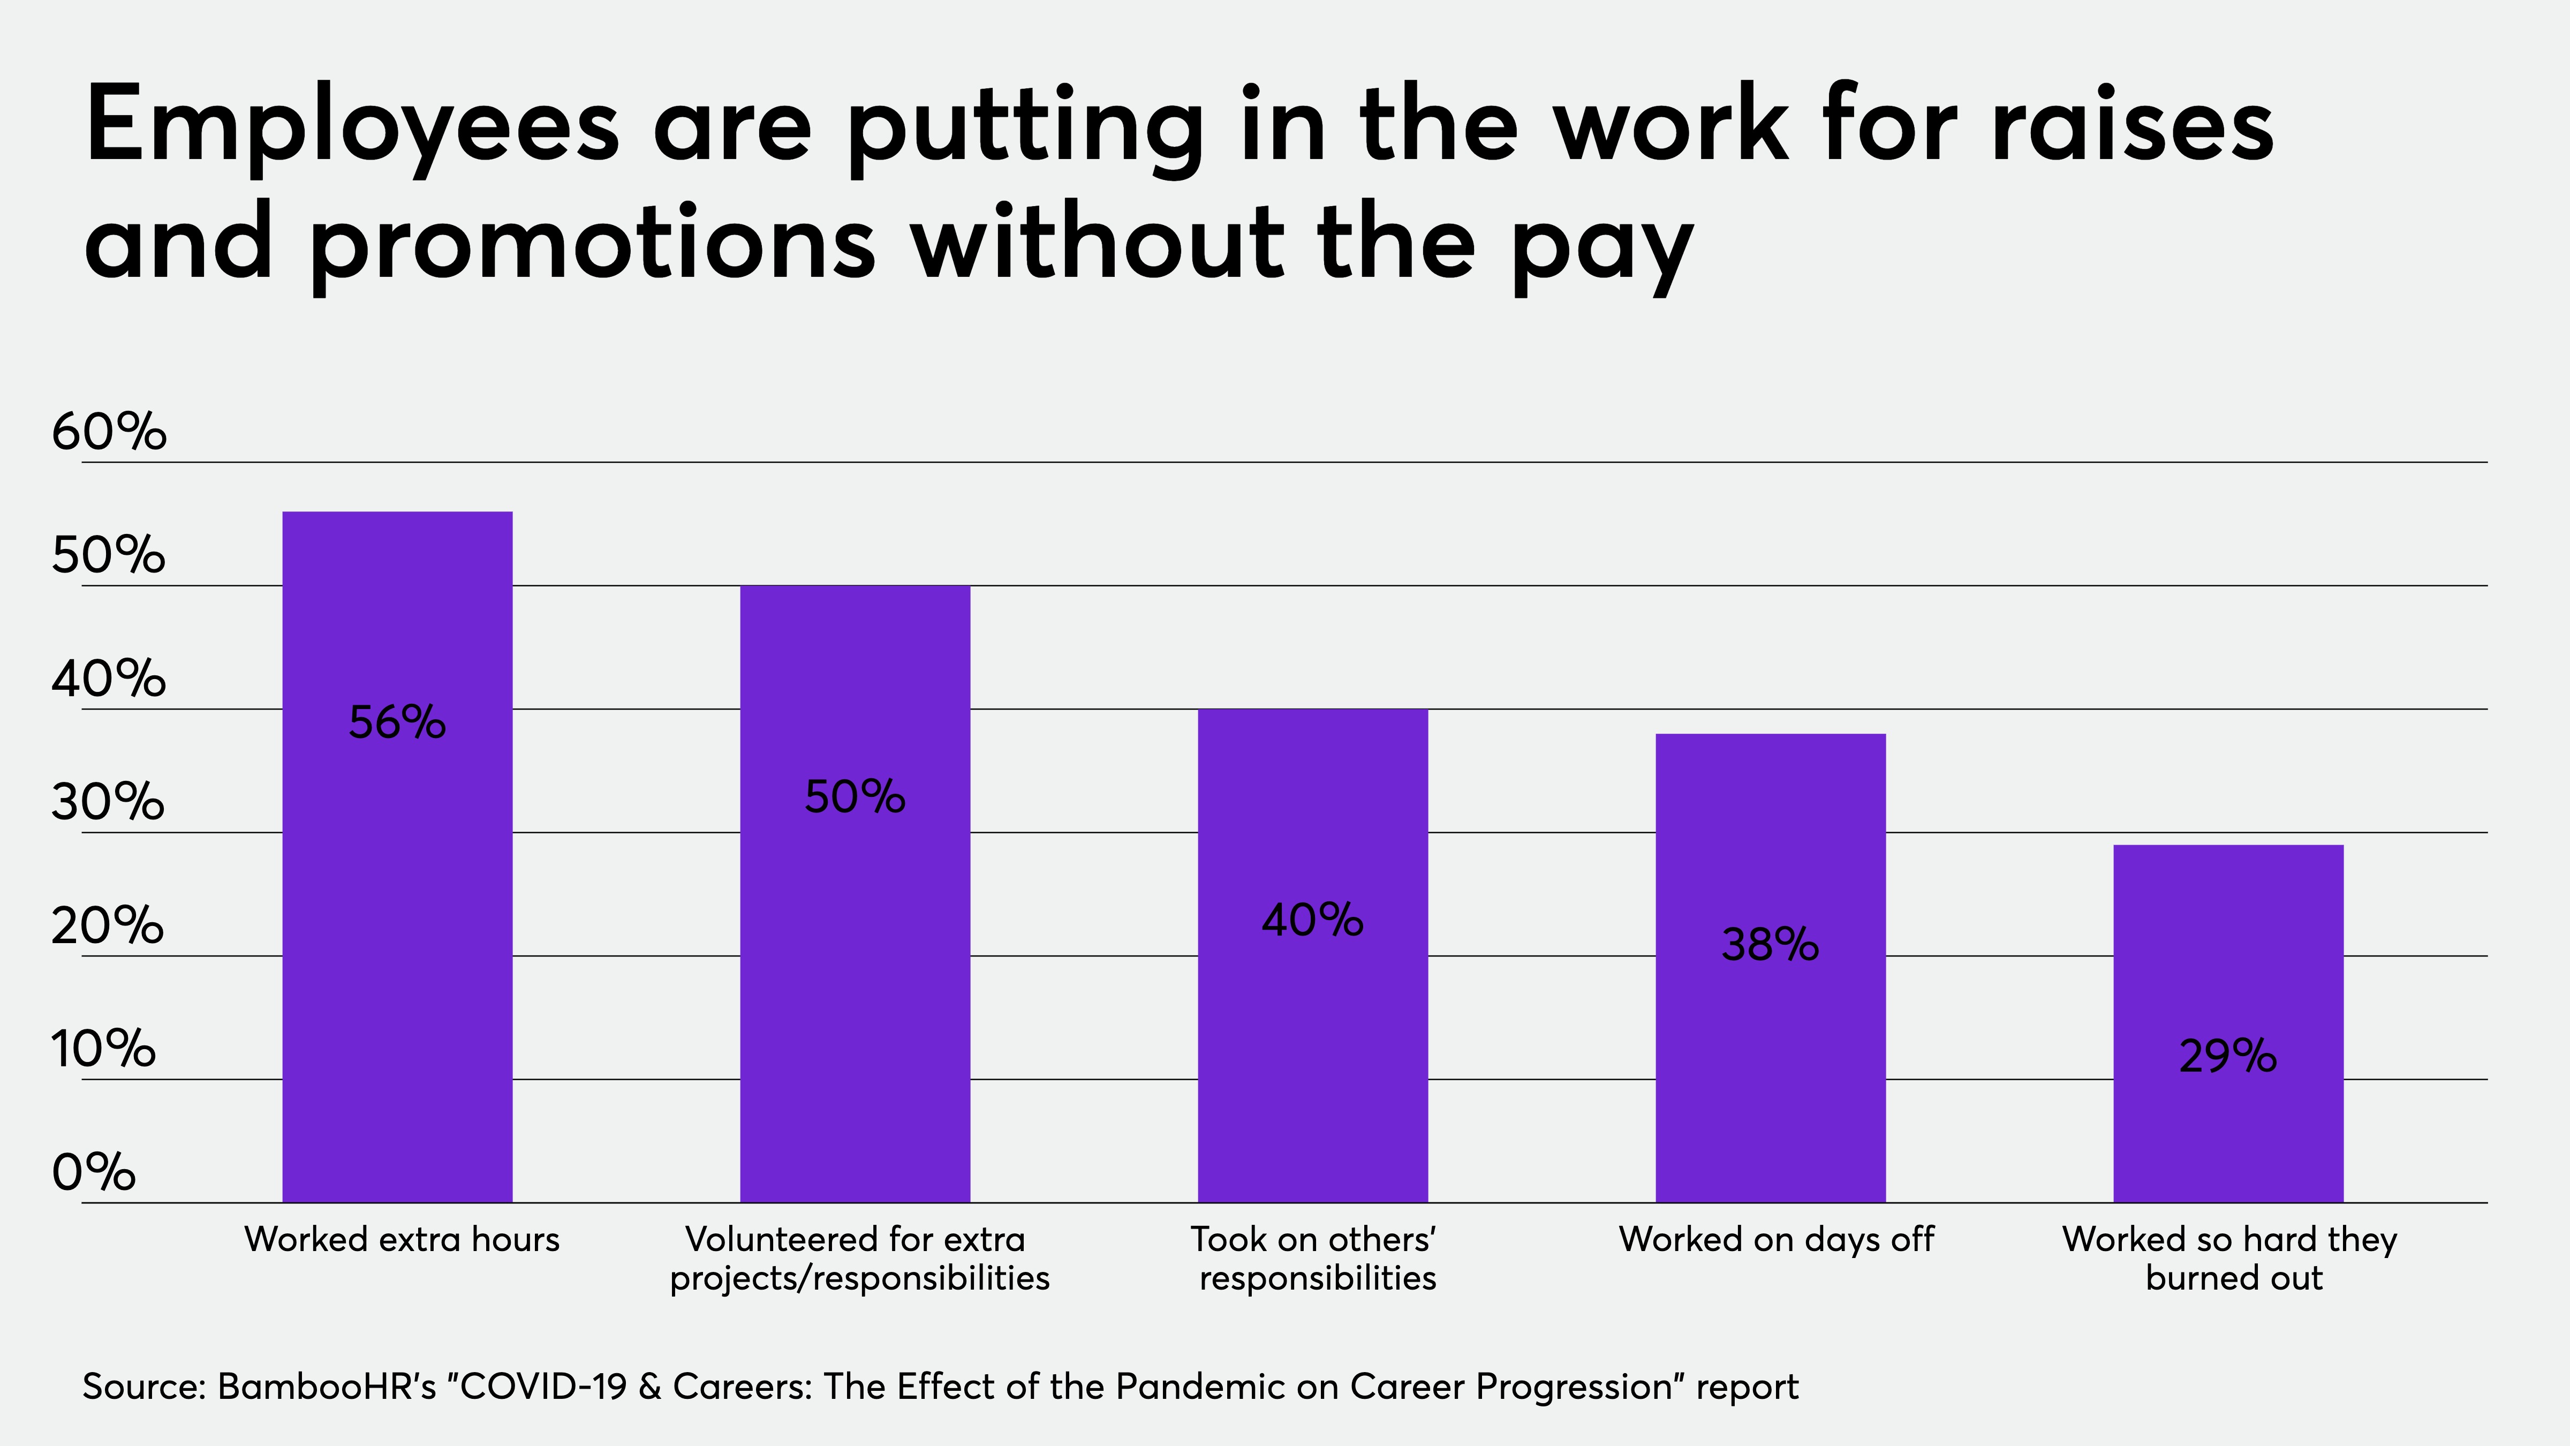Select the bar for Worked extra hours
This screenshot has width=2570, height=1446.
click(x=397, y=857)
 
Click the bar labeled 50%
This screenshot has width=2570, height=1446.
click(x=855, y=894)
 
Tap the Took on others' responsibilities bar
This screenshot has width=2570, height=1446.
click(x=1313, y=956)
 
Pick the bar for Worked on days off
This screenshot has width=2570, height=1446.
click(x=1771, y=968)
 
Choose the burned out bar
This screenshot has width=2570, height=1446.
click(x=2229, y=1024)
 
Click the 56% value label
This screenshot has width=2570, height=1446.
click(x=397, y=722)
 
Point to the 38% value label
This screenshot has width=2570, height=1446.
click(x=1771, y=945)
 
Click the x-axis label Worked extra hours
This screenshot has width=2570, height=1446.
click(x=402, y=1239)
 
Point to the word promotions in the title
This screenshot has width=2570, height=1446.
click(x=593, y=245)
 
